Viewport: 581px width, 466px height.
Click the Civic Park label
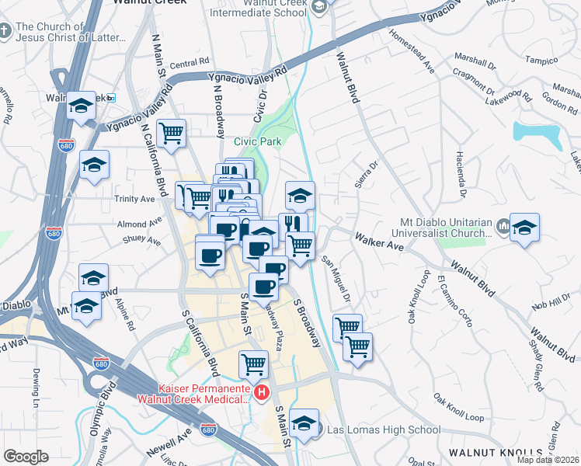click(x=257, y=141)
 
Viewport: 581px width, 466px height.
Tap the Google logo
click(x=26, y=457)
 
